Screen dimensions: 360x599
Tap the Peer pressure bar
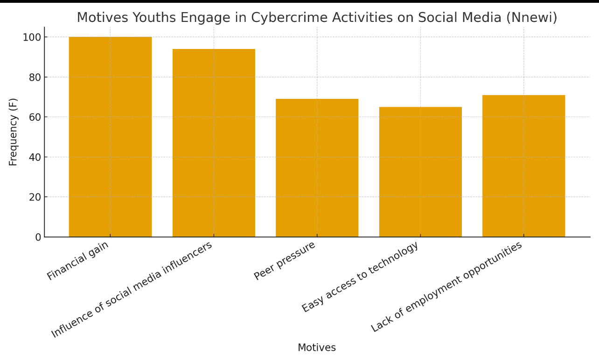pyautogui.click(x=317, y=168)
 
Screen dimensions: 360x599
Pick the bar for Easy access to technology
pyautogui.click(x=420, y=172)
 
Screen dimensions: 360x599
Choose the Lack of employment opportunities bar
pyautogui.click(x=523, y=166)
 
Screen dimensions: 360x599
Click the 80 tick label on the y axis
pyautogui.click(x=35, y=77)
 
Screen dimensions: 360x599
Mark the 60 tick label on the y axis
pyautogui.click(x=35, y=117)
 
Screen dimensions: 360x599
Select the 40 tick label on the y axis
pyautogui.click(x=35, y=157)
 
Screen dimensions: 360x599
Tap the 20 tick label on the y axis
pyautogui.click(x=35, y=197)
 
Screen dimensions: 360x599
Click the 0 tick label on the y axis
pyautogui.click(x=38, y=237)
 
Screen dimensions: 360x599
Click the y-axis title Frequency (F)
pyautogui.click(x=13, y=132)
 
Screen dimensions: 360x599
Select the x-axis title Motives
pyautogui.click(x=317, y=348)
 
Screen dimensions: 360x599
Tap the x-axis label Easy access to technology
pyautogui.click(x=360, y=277)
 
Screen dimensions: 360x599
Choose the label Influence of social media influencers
pyautogui.click(x=132, y=290)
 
